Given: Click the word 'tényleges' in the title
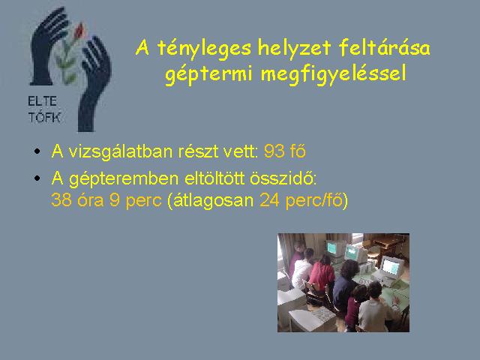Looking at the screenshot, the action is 204,49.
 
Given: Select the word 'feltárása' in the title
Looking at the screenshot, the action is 384,48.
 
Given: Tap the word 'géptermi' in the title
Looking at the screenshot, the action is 208,74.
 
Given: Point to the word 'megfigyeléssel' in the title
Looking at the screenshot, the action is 333,74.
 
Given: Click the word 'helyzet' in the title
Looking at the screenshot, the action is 295,48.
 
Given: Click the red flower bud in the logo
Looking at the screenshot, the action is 79,31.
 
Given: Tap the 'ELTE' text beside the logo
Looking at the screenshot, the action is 42,101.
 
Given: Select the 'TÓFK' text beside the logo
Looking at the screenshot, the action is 45,117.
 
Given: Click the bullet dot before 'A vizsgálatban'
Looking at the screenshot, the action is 37,151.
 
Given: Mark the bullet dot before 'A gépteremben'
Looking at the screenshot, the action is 37,178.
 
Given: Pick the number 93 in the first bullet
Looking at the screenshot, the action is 274,151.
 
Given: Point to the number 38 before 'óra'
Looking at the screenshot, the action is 61,200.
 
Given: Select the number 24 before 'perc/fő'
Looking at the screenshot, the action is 269,200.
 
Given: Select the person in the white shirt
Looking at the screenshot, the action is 302,269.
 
